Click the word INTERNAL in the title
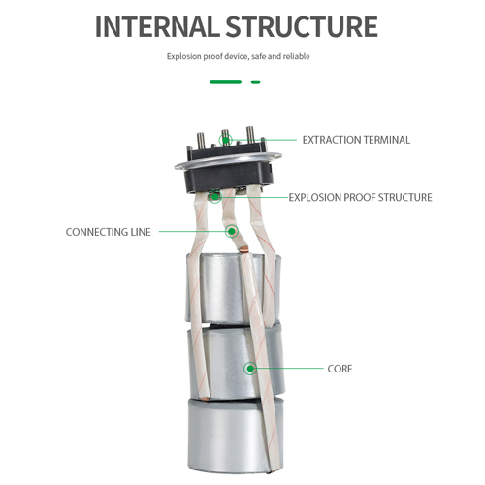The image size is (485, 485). click(161, 26)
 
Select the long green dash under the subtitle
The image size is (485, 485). click(225, 82)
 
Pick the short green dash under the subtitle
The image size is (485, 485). click(256, 82)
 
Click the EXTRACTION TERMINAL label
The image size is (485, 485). click(356, 140)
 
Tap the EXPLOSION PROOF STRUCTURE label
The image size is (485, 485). click(360, 197)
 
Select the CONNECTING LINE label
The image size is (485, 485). click(108, 232)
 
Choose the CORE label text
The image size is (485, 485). click(339, 369)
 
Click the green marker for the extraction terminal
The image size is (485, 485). click(225, 140)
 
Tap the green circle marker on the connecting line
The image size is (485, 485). click(232, 231)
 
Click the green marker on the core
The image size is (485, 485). click(251, 368)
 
